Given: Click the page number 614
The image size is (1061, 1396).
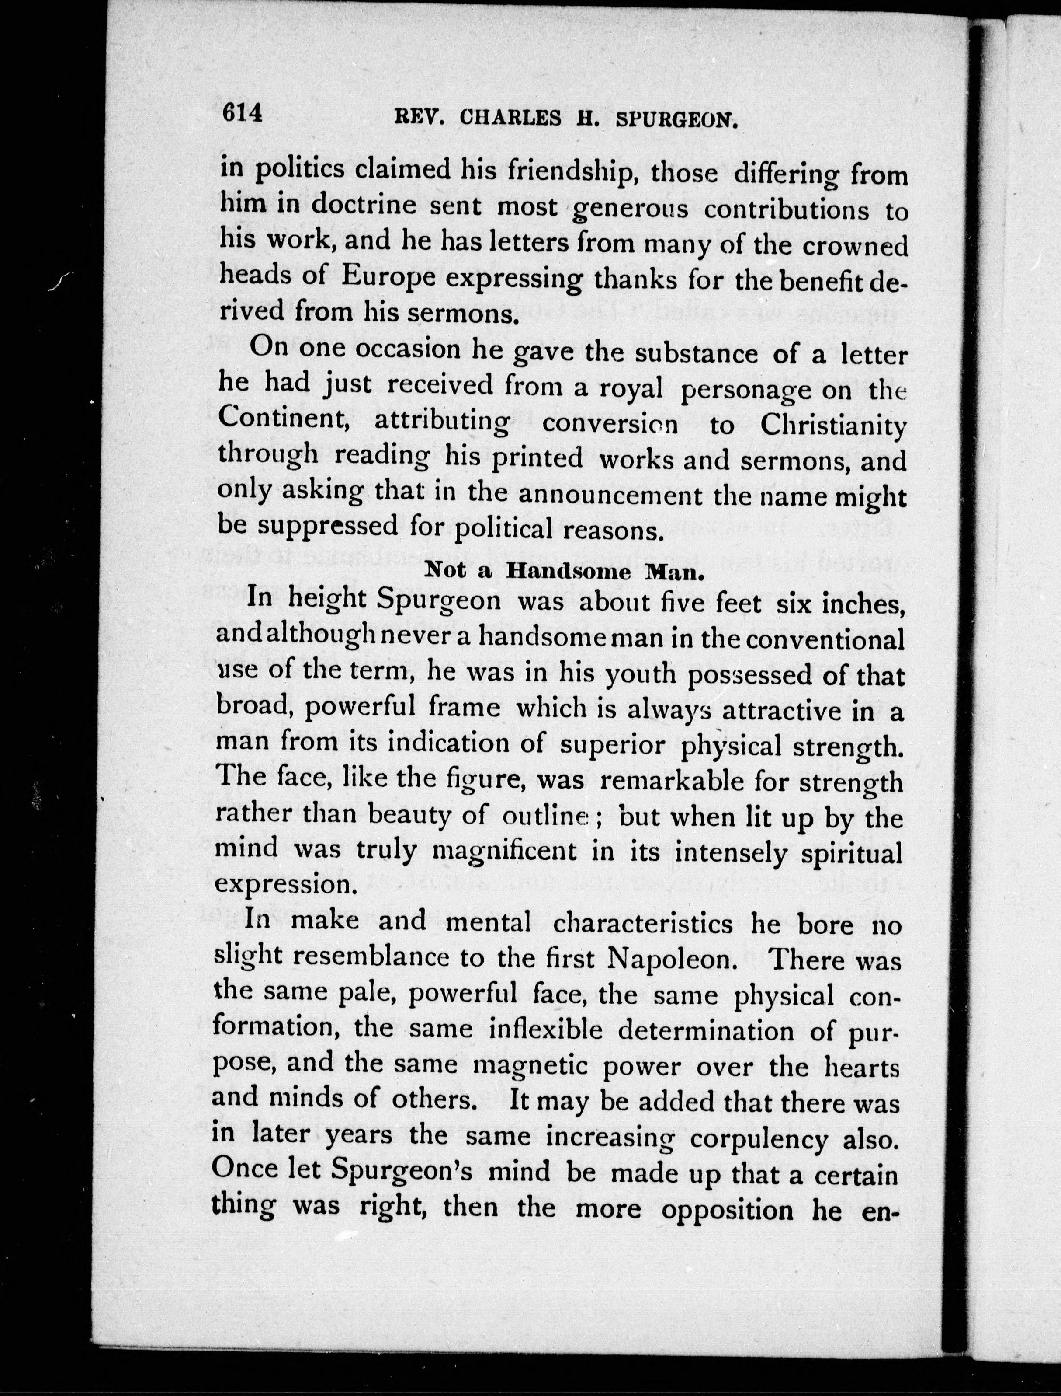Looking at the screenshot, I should [241, 114].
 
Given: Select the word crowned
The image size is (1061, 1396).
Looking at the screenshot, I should [855, 247].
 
